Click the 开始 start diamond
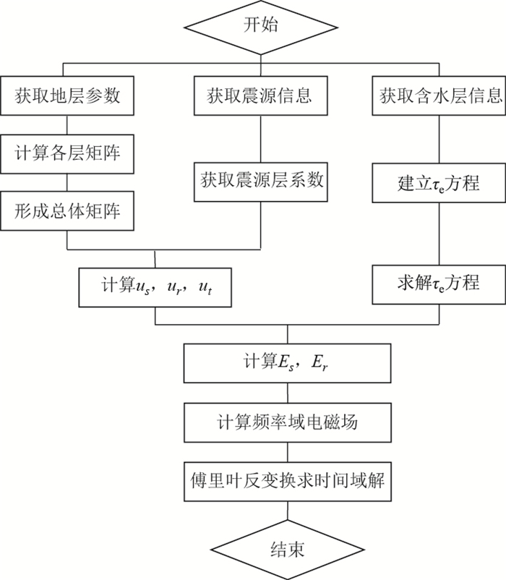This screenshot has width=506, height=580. point(253,27)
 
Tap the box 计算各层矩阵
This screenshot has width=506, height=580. point(67,153)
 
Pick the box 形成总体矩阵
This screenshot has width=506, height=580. point(67,211)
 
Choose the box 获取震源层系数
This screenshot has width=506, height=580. point(260,182)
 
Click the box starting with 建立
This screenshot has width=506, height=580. point(439,182)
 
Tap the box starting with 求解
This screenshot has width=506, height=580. point(439,283)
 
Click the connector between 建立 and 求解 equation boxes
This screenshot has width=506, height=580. point(439,233)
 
